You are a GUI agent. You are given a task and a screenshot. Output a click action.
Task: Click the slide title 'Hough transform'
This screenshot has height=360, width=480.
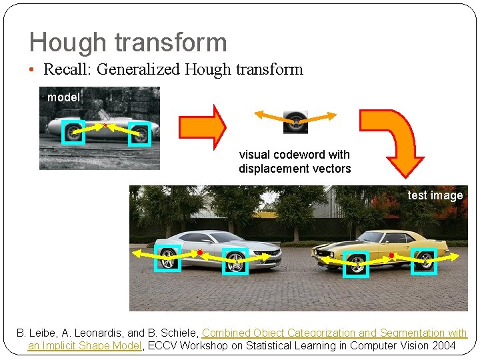pos(128,43)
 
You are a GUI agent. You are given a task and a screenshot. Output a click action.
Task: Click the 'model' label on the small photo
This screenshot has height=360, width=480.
pos(63,97)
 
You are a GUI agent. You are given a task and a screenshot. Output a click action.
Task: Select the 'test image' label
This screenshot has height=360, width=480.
pos(435,195)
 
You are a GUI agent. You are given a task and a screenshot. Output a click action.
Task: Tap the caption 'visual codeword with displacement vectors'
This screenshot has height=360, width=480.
pos(295,162)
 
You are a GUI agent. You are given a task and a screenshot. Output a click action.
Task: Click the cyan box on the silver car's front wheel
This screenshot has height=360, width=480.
pos(235,261)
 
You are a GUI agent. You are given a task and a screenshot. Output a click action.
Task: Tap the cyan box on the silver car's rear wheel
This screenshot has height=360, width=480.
pos(167,259)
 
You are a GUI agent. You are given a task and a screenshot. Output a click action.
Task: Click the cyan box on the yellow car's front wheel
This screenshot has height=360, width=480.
pos(356,264)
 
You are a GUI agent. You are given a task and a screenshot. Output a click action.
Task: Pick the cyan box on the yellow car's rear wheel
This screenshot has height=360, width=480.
pos(423,261)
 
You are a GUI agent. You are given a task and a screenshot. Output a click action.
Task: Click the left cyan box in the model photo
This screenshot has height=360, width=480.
pos(73,132)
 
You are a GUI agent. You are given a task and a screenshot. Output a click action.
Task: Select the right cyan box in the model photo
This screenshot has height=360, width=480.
pos(139,134)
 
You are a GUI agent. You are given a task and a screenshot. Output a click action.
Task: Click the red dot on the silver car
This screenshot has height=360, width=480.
pos(199,252)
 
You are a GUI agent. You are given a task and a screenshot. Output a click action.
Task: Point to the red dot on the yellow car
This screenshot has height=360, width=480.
pos(391,255)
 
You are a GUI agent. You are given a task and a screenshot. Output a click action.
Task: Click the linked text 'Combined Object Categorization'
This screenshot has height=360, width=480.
pos(280,333)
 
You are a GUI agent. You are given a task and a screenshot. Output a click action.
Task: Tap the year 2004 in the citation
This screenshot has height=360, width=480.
pos(443,345)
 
